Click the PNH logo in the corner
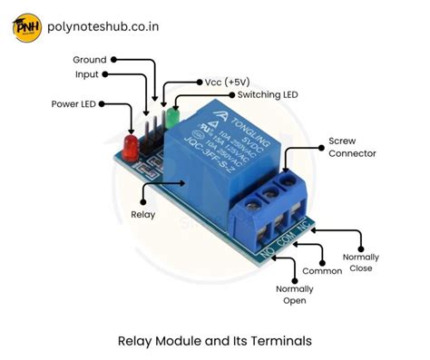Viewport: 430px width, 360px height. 26,27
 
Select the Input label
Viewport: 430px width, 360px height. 86,74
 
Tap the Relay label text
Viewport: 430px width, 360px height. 142,215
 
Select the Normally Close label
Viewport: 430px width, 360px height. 362,263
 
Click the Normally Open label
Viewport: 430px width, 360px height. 295,295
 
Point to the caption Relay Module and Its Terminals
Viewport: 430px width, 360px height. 214,341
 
